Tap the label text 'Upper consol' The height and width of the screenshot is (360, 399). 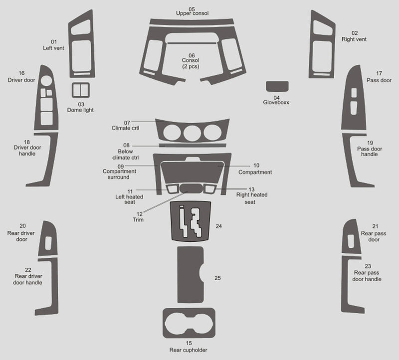tap(192, 13)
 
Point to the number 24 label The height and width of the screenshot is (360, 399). tap(218, 226)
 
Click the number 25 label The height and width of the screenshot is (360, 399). tap(217, 278)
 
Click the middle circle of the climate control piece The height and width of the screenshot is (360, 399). tap(192, 133)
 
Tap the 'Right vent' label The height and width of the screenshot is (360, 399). tap(354, 39)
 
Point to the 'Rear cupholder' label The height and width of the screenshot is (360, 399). tap(188, 350)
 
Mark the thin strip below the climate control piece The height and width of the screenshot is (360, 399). tap(192, 146)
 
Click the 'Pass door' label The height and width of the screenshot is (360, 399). tap(379, 80)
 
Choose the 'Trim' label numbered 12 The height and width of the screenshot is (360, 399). tap(138, 219)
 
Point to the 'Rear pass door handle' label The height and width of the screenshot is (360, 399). tap(368, 276)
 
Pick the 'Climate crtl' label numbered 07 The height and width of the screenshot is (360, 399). tap(125, 128)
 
